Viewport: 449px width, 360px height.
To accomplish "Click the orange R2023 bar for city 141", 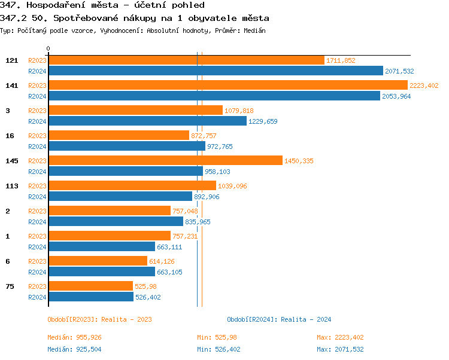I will pyautogui.click(x=227, y=86).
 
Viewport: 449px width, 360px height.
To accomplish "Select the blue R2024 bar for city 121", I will pyautogui.click(x=216, y=71).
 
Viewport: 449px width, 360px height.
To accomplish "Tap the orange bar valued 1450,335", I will pyautogui.click(x=165, y=160).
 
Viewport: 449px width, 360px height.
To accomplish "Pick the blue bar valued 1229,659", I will pyautogui.click(x=147, y=121).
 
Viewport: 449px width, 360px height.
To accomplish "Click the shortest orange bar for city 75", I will pyautogui.click(x=90, y=286).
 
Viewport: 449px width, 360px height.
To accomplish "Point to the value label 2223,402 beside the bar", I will pyautogui.click(x=424, y=86).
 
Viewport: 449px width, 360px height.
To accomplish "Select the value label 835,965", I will pyautogui.click(x=198, y=222).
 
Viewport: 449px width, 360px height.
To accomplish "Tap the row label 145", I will pyautogui.click(x=11, y=161).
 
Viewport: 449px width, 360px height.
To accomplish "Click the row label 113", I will pyautogui.click(x=11, y=186).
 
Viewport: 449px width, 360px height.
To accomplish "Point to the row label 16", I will pyautogui.click(x=10, y=136).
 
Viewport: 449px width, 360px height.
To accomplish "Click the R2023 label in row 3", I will pyautogui.click(x=37, y=111).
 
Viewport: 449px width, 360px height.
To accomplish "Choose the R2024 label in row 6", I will pyautogui.click(x=37, y=272).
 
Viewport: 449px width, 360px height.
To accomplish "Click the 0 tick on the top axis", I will pyautogui.click(x=48, y=48).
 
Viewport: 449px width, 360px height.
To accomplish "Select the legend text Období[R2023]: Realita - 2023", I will pyautogui.click(x=99, y=319).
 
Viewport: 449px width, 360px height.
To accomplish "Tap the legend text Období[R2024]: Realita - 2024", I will pyautogui.click(x=279, y=319).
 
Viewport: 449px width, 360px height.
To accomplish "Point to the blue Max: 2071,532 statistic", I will pyautogui.click(x=340, y=349).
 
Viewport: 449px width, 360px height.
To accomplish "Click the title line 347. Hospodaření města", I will pyautogui.click(x=102, y=5).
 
